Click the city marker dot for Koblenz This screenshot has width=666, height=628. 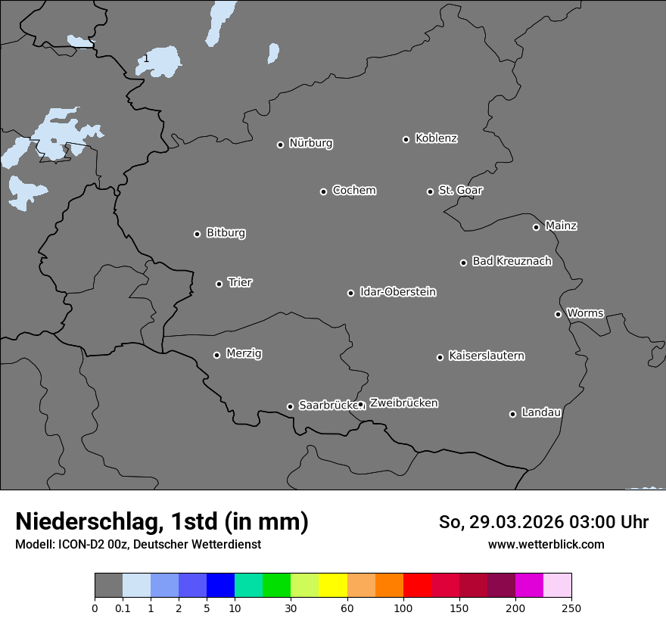[x=406, y=139]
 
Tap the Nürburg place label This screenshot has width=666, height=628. [x=311, y=143]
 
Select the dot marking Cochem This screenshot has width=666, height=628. [x=323, y=191]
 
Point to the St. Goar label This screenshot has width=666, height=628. [x=460, y=190]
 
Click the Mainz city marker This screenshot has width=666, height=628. [x=536, y=227]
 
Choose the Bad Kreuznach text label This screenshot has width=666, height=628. [x=512, y=261]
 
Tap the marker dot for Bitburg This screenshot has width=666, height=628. [x=197, y=234]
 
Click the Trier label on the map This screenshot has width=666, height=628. [x=240, y=282]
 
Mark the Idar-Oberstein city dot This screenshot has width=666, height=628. [x=350, y=293]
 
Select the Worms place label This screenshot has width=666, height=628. [x=585, y=312]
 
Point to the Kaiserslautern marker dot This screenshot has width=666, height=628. [x=440, y=357]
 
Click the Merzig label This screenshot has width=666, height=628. [x=244, y=353]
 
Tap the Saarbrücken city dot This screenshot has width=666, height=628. [x=290, y=406]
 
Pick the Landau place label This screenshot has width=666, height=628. [x=541, y=412]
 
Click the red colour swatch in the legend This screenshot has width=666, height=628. [x=417, y=586]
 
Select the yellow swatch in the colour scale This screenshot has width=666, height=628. [x=333, y=586]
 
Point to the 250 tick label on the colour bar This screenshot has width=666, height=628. [x=571, y=608]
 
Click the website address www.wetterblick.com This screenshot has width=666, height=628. [x=546, y=544]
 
